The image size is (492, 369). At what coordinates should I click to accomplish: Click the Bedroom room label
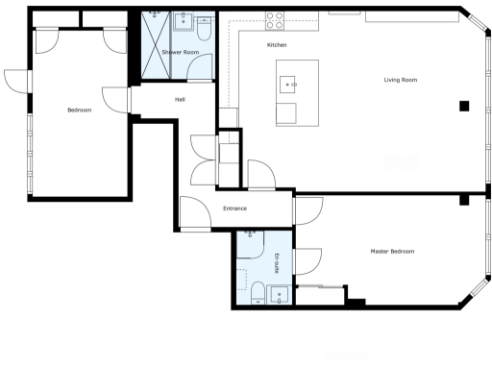(x=79, y=111)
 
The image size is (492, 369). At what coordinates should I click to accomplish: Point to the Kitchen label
(x=277, y=46)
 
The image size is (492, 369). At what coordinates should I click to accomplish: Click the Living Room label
(x=400, y=80)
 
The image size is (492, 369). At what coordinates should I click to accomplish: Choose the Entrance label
(x=234, y=209)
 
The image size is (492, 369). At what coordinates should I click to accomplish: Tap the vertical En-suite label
(x=277, y=261)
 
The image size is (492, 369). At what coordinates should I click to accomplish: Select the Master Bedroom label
(x=392, y=251)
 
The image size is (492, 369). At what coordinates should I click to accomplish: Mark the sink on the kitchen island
(x=289, y=85)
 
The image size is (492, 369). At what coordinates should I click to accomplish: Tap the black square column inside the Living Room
(x=463, y=107)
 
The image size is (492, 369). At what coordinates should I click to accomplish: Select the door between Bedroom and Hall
(x=117, y=100)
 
